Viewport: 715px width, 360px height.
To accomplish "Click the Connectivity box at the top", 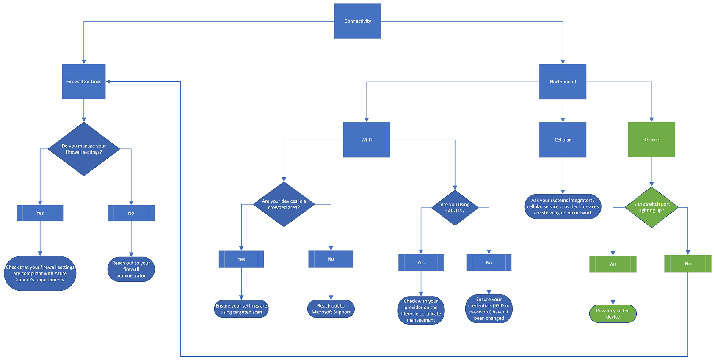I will click(x=358, y=21).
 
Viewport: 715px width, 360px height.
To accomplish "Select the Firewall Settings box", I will click(x=84, y=82).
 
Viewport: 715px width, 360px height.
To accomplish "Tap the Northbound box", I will click(x=563, y=82).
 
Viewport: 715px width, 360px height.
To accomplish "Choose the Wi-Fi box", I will click(x=367, y=140).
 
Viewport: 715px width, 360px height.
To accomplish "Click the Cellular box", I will click(x=563, y=140).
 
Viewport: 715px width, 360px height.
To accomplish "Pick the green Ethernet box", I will click(x=652, y=140).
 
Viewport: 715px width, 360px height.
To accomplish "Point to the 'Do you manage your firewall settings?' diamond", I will click(x=84, y=149).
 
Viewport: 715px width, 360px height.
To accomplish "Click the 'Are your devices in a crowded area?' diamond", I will click(x=284, y=204).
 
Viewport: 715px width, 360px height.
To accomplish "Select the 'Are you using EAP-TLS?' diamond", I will click(x=455, y=208).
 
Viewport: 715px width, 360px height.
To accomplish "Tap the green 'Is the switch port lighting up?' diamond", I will click(x=652, y=207).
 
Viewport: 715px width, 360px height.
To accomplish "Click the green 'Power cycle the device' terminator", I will click(x=613, y=313).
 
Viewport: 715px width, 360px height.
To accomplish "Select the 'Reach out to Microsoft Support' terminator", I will click(x=331, y=309).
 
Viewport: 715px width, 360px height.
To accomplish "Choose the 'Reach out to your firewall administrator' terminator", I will click(x=131, y=269).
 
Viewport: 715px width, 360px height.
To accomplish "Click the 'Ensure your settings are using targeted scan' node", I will click(x=241, y=309).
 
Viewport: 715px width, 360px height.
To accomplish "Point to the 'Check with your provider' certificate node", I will click(x=421, y=311).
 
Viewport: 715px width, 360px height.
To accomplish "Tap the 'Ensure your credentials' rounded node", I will click(x=489, y=309).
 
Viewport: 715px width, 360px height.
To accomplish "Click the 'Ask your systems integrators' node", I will click(x=563, y=206).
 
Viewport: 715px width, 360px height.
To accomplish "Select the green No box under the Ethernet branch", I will click(x=687, y=264).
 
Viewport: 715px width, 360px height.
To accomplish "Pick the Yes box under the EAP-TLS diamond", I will click(x=421, y=263).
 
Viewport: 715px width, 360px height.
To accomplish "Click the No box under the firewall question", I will click(x=131, y=213).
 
